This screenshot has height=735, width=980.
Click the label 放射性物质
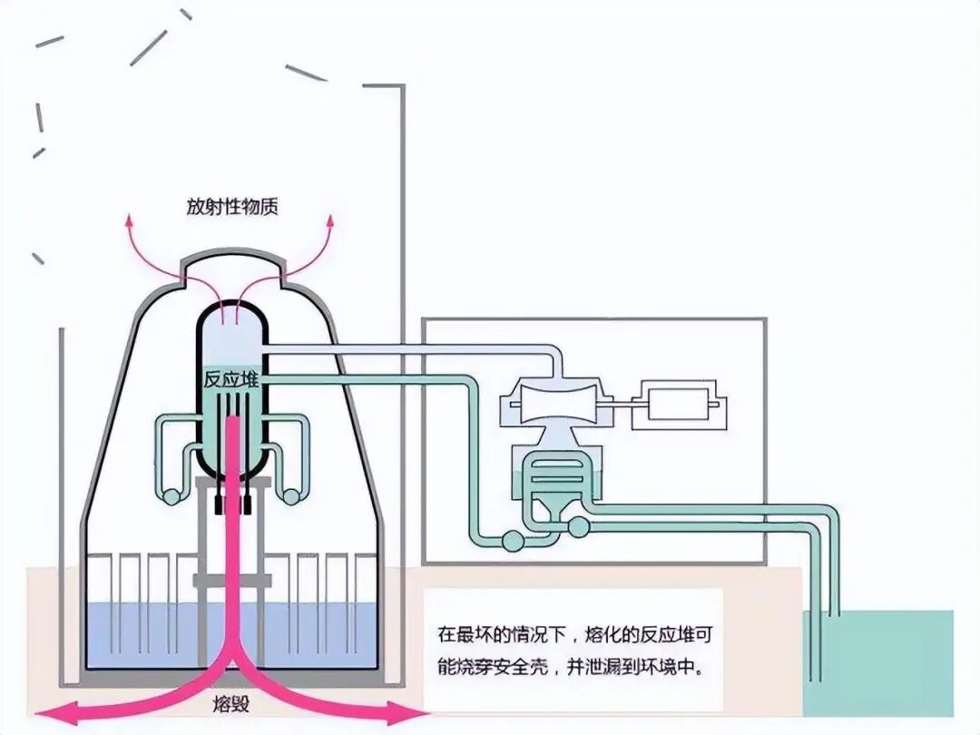(231, 207)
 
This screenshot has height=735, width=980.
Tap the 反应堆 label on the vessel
(231, 381)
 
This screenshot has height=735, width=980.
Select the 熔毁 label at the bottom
(230, 704)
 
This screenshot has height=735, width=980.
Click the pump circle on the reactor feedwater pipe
(512, 541)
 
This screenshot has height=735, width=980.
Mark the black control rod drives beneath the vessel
(232, 503)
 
